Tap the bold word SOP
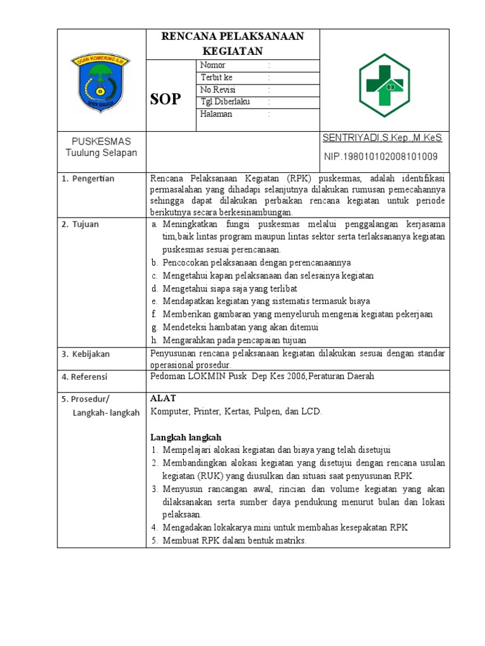(165, 99)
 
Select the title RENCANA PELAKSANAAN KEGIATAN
(232, 44)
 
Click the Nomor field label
(213, 66)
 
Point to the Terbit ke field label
(217, 78)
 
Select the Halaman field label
(216, 114)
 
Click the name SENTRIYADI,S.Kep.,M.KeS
(382, 138)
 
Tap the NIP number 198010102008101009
(381, 156)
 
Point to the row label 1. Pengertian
(88, 179)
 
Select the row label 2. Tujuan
(80, 224)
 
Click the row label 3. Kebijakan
(86, 354)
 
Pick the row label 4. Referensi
(85, 377)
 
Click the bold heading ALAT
(163, 398)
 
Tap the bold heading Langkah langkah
(186, 437)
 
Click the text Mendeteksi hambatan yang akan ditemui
(240, 327)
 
